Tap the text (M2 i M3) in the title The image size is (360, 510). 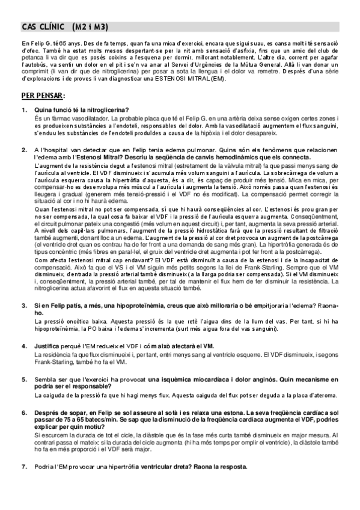(90, 28)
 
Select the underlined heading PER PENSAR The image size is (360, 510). (43, 96)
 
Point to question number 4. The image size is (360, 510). (24, 347)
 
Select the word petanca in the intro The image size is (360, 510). (31, 58)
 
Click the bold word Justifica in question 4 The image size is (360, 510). (47, 347)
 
